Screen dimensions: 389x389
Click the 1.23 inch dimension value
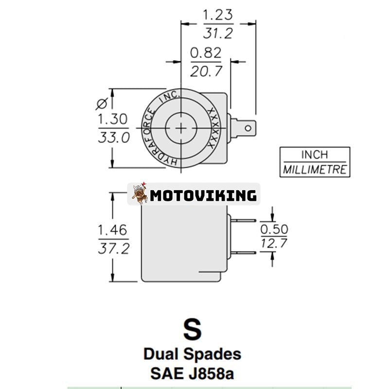pyautogui.click(x=218, y=15)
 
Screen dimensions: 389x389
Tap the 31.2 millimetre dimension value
pyautogui.click(x=218, y=33)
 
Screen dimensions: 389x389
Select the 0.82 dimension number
pyautogui.click(x=206, y=53)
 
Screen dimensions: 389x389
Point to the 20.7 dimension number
pyautogui.click(x=206, y=71)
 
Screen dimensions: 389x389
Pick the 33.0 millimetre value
pyautogui.click(x=114, y=138)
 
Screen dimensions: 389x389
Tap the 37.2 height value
pyautogui.click(x=114, y=249)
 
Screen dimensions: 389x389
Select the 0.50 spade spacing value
pyautogui.click(x=274, y=229)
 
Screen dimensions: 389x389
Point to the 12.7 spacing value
pyautogui.click(x=274, y=243)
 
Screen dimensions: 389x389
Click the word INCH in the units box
pyautogui.click(x=315, y=155)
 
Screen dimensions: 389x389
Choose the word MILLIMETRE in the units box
pyautogui.click(x=315, y=170)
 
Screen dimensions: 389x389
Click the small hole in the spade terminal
pyautogui.click(x=248, y=128)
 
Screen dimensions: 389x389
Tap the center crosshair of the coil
pyautogui.click(x=181, y=128)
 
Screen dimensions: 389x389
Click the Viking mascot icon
pyautogui.click(x=140, y=194)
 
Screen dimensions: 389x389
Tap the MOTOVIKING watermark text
pyautogui.click(x=203, y=195)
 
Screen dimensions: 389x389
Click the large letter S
pyautogui.click(x=192, y=329)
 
